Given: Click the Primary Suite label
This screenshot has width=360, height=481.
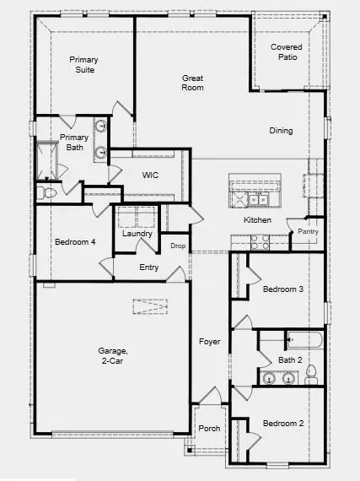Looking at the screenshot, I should [84, 64].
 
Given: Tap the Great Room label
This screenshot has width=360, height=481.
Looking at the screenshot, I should [193, 82].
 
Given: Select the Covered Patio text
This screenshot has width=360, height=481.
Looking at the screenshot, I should [287, 53].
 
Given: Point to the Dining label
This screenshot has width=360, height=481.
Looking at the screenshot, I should [281, 131].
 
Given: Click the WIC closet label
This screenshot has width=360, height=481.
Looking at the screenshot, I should [150, 176].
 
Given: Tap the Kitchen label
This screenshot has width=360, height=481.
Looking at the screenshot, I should [257, 220].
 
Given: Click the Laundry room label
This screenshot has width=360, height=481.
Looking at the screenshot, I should [137, 234].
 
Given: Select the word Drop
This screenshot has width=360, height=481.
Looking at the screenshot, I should [177, 246].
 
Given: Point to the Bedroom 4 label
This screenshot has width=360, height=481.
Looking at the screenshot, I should [75, 243].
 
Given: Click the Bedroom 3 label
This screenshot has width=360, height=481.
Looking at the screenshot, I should [282, 289].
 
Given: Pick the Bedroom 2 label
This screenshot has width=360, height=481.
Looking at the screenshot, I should [282, 424].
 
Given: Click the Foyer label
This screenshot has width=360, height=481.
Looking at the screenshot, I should [209, 342].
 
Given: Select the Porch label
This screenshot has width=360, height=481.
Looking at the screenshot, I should [209, 429].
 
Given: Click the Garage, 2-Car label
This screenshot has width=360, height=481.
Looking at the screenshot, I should [112, 355].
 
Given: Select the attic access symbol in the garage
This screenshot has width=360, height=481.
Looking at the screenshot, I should [150, 307].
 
